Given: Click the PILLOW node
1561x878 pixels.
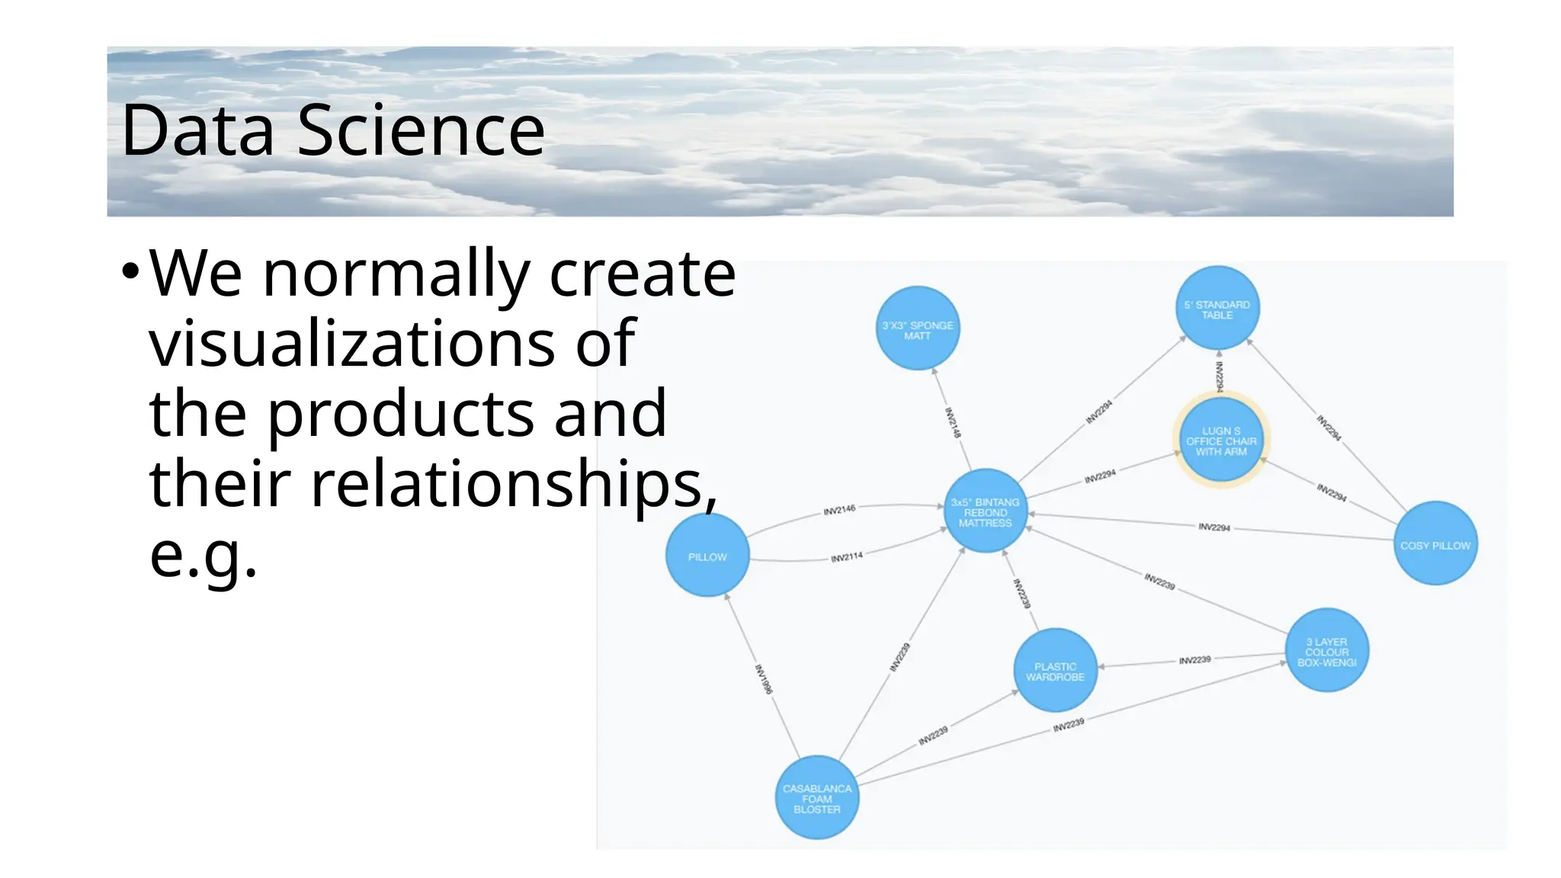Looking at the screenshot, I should [707, 555].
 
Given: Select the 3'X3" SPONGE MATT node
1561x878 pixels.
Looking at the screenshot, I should [918, 328].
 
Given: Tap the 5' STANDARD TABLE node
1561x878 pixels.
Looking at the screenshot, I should [1217, 308].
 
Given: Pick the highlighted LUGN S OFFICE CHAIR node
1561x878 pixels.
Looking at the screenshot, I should [1221, 440].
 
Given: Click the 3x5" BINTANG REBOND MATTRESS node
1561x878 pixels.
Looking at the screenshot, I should [985, 511].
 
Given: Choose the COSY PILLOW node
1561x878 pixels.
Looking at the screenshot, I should [1435, 543].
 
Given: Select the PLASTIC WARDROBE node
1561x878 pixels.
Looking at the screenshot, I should [1055, 671].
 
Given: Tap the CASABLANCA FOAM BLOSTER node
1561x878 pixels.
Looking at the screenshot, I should [817, 797].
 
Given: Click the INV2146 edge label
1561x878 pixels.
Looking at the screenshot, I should [839, 510].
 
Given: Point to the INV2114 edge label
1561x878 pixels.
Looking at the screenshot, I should [846, 557].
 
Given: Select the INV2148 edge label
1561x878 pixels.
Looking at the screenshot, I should [953, 422].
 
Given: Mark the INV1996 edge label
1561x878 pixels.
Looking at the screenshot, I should [764, 679].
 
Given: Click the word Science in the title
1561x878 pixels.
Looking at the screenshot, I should [421, 130].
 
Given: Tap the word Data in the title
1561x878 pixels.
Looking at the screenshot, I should [197, 130].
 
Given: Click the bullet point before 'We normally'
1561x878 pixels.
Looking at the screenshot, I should [130, 271].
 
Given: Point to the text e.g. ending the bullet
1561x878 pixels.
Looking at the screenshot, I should [204, 554].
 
